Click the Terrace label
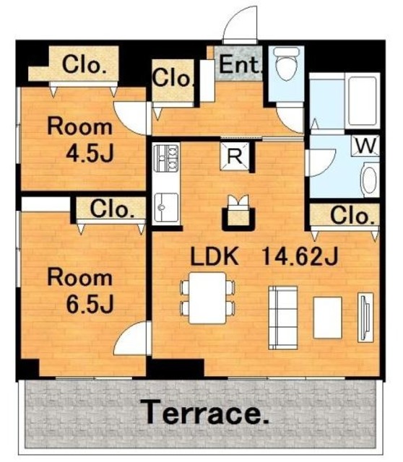pos(204,412)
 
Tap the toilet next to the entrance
pos(287,64)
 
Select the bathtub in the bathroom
pos(363,101)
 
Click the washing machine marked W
pos(365,146)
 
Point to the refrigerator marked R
pos(235,156)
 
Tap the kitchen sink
pos(166,207)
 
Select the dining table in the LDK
pos(207,297)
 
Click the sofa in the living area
pos(282,318)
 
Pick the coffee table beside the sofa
pos(328,318)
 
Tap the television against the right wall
pos(365,318)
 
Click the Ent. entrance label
pos(240,65)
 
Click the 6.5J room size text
pos(90,304)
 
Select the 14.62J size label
pos(300,256)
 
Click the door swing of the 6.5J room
pos(130,339)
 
